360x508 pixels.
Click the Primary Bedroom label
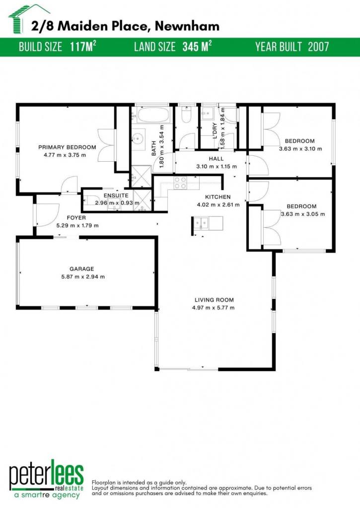(x=67, y=147)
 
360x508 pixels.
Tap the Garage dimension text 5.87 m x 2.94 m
(x=83, y=277)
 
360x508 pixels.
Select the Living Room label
(x=214, y=300)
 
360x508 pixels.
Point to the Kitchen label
(x=218, y=196)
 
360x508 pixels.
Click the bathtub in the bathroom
(x=153, y=115)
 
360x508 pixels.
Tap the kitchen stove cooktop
(x=180, y=183)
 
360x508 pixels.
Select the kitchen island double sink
(x=201, y=223)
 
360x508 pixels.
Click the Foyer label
(x=76, y=218)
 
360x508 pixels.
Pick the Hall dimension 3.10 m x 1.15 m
(x=216, y=167)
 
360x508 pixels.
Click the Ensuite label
(x=116, y=195)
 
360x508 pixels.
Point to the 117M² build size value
(x=83, y=47)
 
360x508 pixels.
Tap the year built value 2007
(x=318, y=47)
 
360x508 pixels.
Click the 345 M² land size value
(x=197, y=47)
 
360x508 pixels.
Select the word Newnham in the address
(x=187, y=26)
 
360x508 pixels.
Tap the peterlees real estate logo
(x=46, y=480)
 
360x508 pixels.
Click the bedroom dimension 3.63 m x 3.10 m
(x=300, y=149)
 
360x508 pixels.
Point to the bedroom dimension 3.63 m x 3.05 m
(x=302, y=214)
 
